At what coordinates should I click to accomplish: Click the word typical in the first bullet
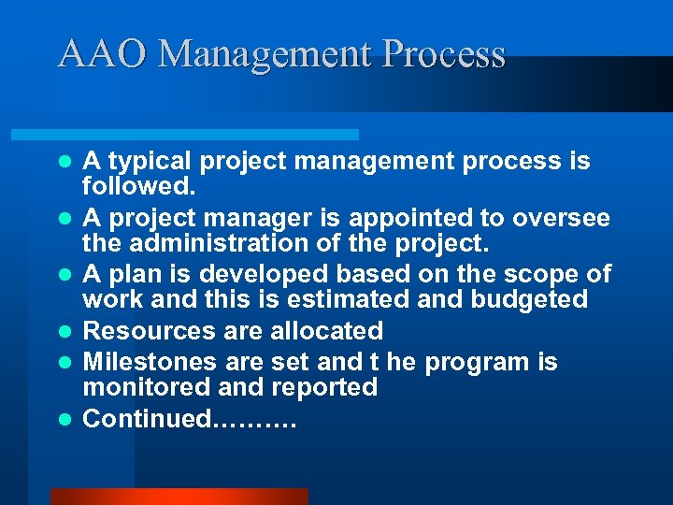(x=145, y=162)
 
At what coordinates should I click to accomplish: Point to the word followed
(x=136, y=186)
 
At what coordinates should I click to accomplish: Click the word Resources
(x=150, y=331)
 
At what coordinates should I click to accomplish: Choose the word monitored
(x=141, y=387)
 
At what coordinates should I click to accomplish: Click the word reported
(x=320, y=387)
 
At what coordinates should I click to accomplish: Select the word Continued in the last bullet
(x=148, y=419)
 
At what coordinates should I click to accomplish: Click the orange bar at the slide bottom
(x=179, y=497)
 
